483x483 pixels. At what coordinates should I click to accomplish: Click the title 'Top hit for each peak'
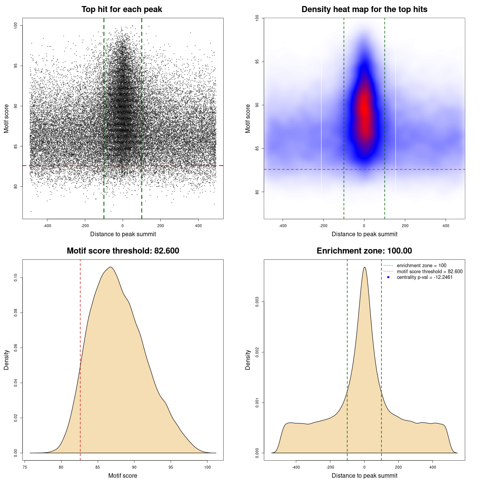(x=122, y=9)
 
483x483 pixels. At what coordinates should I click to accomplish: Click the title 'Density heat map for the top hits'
(x=364, y=9)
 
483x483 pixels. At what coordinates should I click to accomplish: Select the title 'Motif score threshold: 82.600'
(x=123, y=251)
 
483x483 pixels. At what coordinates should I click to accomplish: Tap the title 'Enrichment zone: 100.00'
(x=364, y=251)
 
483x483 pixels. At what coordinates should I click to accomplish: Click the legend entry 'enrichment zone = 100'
(x=421, y=266)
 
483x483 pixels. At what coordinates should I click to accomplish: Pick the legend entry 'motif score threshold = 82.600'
(x=429, y=272)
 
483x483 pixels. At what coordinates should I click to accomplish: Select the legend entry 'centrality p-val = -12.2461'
(x=425, y=277)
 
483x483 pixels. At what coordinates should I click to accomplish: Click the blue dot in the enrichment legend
(x=388, y=277)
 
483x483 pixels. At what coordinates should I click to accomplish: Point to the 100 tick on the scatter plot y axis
(x=16, y=25)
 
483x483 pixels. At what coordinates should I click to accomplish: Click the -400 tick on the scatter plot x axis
(x=47, y=226)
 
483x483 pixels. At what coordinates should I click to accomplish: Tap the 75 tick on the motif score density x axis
(x=25, y=467)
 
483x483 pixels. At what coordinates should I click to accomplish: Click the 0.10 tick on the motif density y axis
(x=16, y=278)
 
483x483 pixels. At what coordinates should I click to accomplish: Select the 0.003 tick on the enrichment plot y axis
(x=257, y=302)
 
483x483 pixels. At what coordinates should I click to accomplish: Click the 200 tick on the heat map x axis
(x=405, y=226)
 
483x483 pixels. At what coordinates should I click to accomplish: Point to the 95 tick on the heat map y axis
(x=257, y=62)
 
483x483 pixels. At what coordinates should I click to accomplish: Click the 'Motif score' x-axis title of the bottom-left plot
(x=123, y=475)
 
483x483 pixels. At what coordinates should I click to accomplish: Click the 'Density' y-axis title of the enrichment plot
(x=248, y=360)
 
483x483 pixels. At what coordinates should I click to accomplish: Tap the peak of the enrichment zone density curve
(x=365, y=268)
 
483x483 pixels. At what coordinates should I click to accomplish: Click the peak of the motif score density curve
(x=111, y=268)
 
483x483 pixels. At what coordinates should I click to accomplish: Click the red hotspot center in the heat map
(x=364, y=113)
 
